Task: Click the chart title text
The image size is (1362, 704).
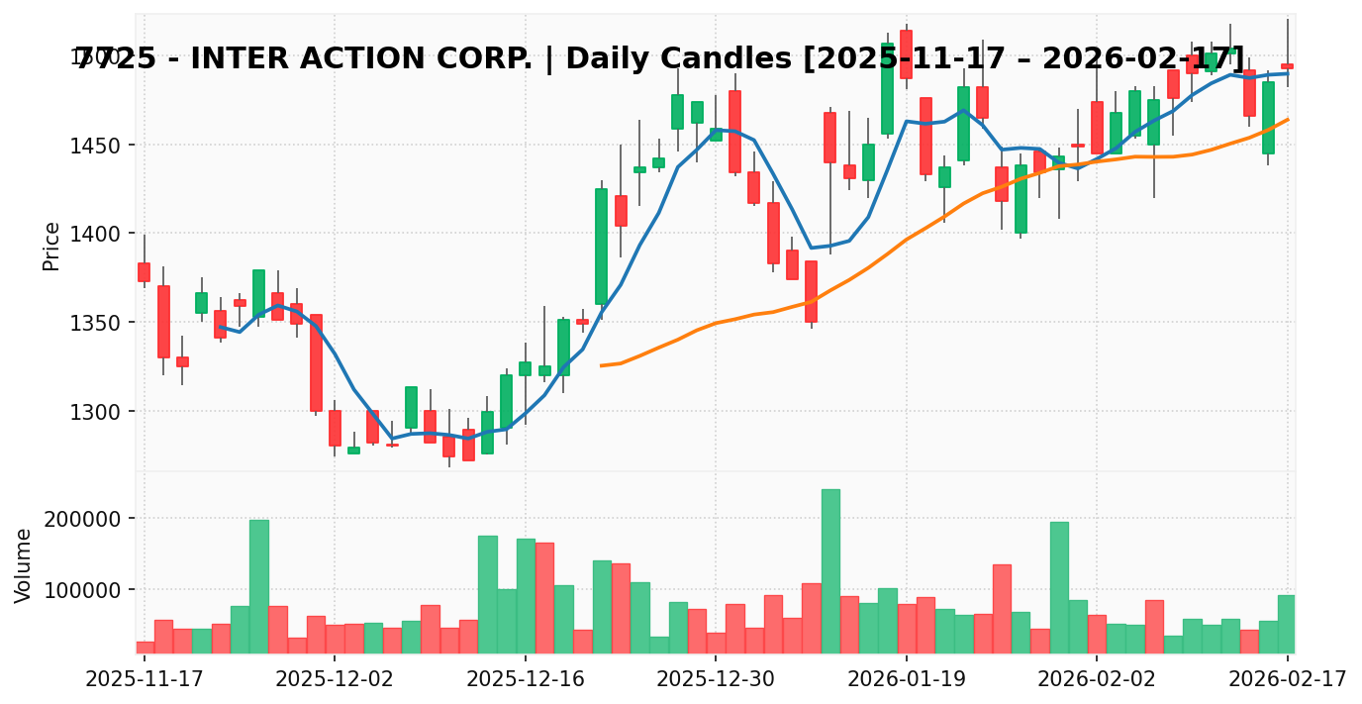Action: point(660,59)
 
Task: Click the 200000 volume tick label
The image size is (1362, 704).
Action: point(85,519)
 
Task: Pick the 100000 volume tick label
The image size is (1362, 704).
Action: point(85,590)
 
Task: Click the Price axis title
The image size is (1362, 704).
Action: point(51,246)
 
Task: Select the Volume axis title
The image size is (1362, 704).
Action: point(24,564)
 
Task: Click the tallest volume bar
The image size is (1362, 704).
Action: point(830,571)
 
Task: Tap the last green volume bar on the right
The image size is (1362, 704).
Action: point(1287,624)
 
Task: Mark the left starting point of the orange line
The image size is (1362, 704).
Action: point(601,365)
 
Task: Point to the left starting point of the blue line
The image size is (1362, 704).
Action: point(220,327)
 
